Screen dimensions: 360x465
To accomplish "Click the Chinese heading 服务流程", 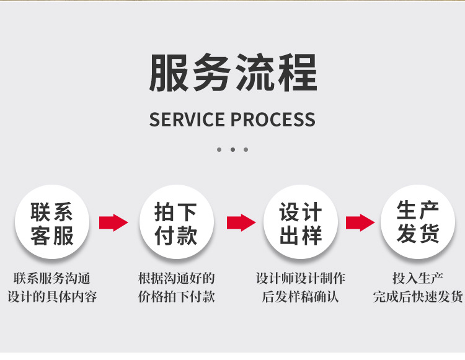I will [x=232, y=74].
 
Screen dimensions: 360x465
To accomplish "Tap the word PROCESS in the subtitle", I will [x=274, y=120].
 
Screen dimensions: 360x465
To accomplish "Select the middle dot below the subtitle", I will [x=232, y=149].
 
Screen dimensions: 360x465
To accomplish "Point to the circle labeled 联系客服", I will [x=53, y=222].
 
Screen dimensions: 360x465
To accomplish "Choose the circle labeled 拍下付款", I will [x=177, y=222].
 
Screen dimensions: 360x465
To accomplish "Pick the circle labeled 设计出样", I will [x=301, y=222].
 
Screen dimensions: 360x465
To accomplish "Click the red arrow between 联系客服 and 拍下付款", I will [x=113, y=222].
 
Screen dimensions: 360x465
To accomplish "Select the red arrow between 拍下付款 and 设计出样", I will [x=241, y=222].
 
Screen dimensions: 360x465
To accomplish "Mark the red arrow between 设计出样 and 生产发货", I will [x=360, y=222].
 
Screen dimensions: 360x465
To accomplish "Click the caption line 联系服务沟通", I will [x=52, y=278].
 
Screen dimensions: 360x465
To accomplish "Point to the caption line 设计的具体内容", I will [x=52, y=296].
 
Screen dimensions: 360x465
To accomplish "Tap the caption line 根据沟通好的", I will [x=177, y=278].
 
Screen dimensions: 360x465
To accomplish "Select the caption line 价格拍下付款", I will [x=177, y=296].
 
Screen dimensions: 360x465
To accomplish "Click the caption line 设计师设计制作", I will [x=301, y=278].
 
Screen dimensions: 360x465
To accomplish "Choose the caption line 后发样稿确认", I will [x=301, y=296].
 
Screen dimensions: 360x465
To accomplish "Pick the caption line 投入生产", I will [x=418, y=278].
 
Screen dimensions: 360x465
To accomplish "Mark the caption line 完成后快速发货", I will [x=418, y=296].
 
